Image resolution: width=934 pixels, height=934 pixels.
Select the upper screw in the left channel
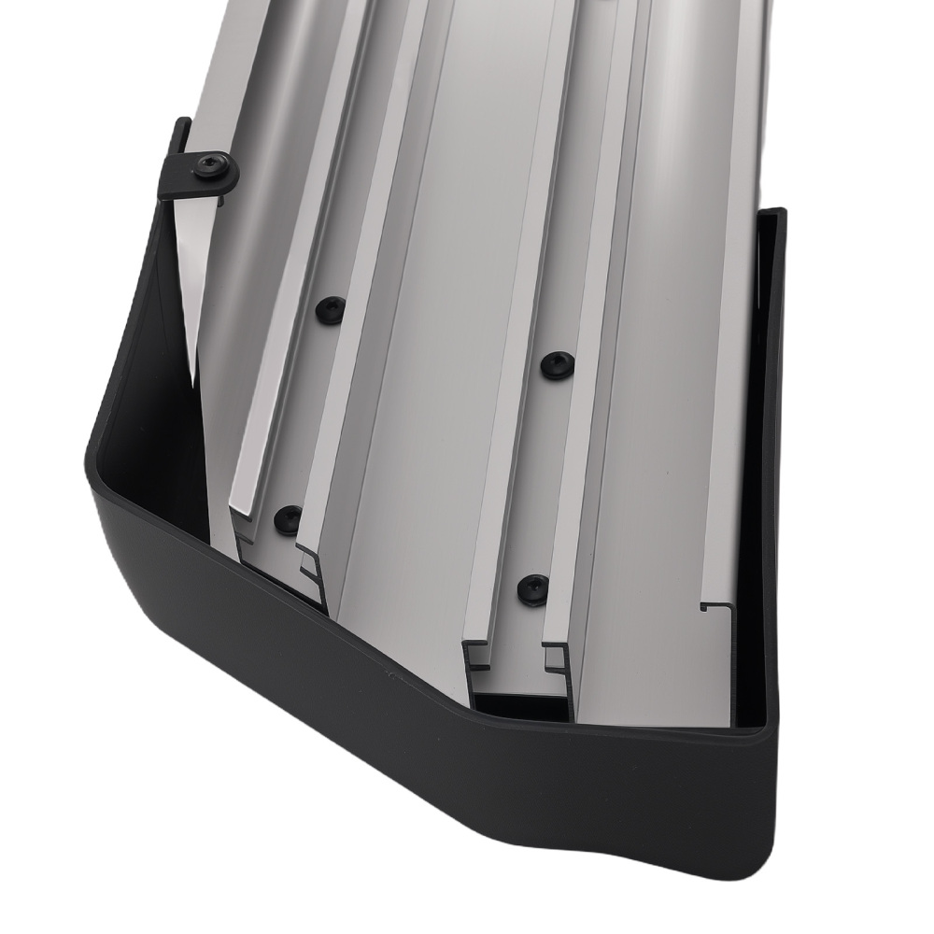pyautogui.click(x=330, y=309)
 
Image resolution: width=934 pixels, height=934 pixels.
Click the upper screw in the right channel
pyautogui.click(x=557, y=364)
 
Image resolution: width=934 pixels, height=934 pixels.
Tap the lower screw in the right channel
pyautogui.click(x=532, y=587)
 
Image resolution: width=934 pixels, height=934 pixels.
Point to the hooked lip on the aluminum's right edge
pyautogui.click(x=715, y=608)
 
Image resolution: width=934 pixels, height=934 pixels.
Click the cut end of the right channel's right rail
pyautogui.click(x=557, y=658)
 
